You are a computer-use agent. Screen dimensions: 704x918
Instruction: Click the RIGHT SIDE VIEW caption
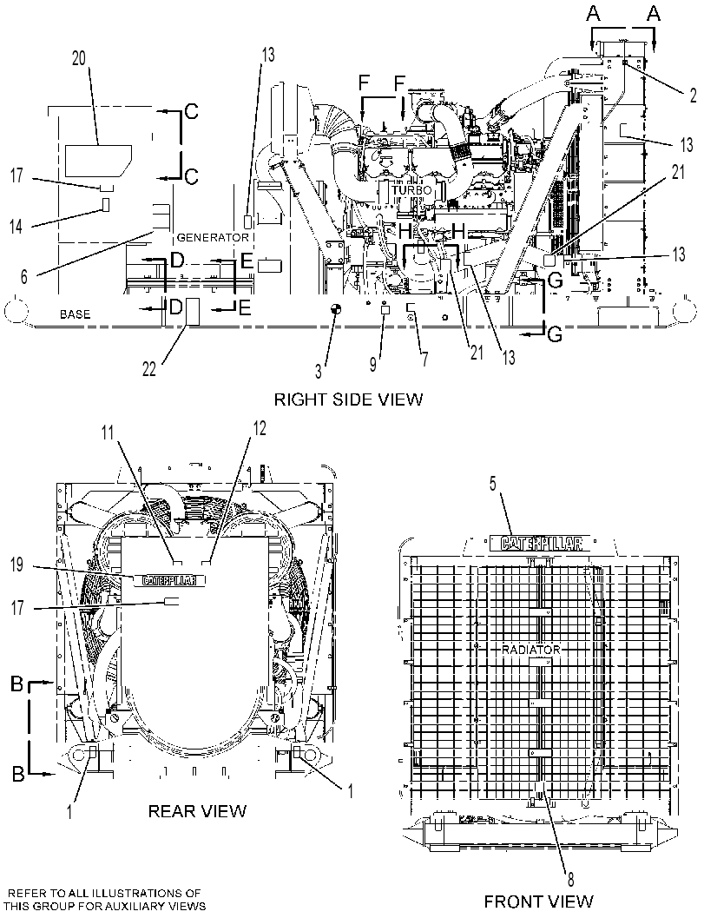(x=348, y=400)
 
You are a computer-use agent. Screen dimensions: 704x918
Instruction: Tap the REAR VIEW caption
(x=197, y=811)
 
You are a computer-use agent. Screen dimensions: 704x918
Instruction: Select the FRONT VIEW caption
(x=538, y=901)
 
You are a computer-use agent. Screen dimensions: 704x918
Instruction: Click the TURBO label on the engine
(x=411, y=190)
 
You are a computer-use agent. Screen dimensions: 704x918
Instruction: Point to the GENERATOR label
(x=213, y=238)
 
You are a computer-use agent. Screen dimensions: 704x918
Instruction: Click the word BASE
(x=76, y=314)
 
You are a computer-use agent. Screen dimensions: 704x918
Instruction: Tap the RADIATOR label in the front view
(x=530, y=650)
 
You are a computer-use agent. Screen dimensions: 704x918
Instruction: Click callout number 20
(x=78, y=58)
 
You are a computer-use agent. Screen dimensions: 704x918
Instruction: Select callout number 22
(x=149, y=369)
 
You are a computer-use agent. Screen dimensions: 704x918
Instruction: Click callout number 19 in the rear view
(x=17, y=565)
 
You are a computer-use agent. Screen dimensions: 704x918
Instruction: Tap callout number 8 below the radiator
(x=570, y=878)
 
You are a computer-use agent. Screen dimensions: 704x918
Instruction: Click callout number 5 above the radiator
(x=492, y=483)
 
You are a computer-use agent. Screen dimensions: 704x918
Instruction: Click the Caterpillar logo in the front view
(x=536, y=544)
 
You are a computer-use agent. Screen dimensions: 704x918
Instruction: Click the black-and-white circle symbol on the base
(x=335, y=310)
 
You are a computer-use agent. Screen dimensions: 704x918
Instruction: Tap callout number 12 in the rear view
(x=260, y=428)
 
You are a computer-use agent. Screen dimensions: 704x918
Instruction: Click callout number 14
(x=16, y=226)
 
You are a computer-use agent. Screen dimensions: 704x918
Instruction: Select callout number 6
(x=23, y=276)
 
